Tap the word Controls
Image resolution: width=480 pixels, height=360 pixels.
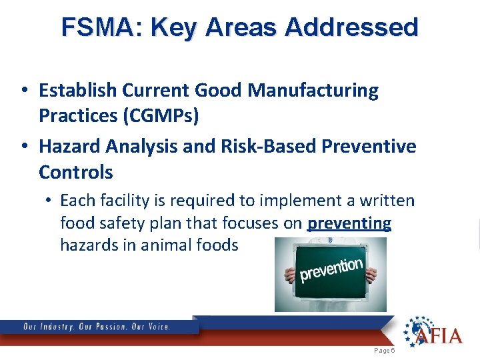point(76,172)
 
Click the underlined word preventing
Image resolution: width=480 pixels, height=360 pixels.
point(349,223)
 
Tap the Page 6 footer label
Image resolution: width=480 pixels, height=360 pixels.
point(385,350)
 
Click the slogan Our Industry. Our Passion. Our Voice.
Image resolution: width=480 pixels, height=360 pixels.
point(97,327)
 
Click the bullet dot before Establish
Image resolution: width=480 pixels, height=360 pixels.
point(24,91)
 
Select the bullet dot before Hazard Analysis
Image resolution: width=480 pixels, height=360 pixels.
point(24,146)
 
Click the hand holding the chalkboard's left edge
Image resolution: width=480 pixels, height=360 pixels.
point(289,275)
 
